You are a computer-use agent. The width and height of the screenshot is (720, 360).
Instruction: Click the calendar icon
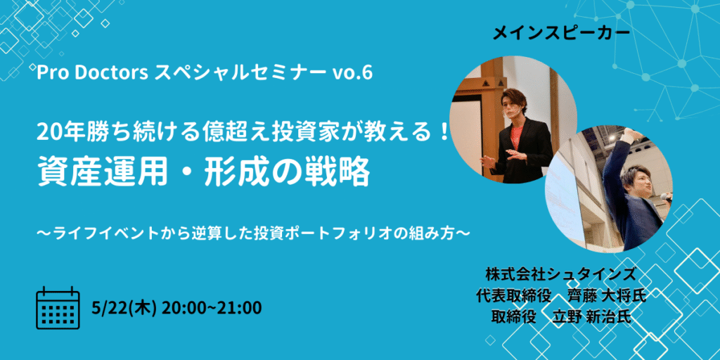click(58, 308)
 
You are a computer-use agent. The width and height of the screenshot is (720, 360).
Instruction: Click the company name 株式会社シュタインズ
click(560, 275)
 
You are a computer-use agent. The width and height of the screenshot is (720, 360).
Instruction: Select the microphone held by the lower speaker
click(665, 197)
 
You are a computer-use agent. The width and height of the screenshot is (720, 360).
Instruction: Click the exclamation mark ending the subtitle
click(442, 134)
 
